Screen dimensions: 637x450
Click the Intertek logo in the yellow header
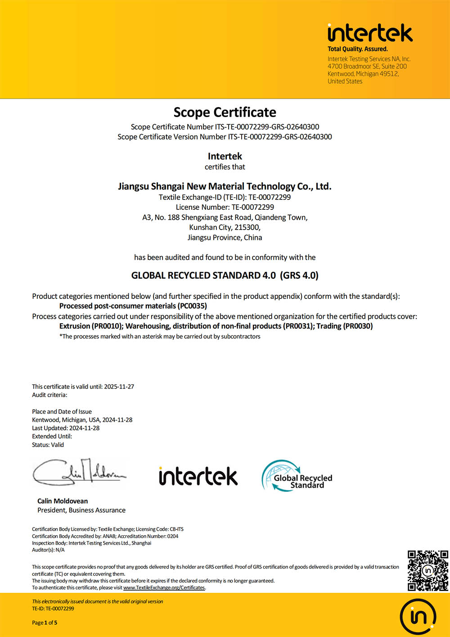pos(370,33)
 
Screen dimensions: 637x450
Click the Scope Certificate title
pos(225,112)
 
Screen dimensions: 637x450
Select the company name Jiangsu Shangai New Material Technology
pos(225,186)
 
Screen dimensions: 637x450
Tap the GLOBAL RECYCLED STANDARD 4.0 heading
pos(225,276)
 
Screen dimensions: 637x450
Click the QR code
pos(427,570)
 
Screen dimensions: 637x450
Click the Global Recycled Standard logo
pos(297,476)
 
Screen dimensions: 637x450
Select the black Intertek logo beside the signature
pos(198,476)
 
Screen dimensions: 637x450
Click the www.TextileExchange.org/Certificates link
pos(164,587)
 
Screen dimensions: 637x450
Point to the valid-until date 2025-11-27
pos(119,387)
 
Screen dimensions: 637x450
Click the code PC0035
pos(192,306)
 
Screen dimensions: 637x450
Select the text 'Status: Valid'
pos(48,445)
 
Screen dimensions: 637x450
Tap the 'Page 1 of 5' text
pos(45,623)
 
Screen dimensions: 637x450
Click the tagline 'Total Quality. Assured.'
pos(357,49)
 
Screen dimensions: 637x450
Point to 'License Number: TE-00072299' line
pos(225,207)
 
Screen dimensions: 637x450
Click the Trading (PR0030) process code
pos(345,326)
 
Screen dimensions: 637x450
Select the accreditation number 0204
pos(173,536)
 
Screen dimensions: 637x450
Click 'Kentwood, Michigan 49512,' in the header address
pos(363,74)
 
